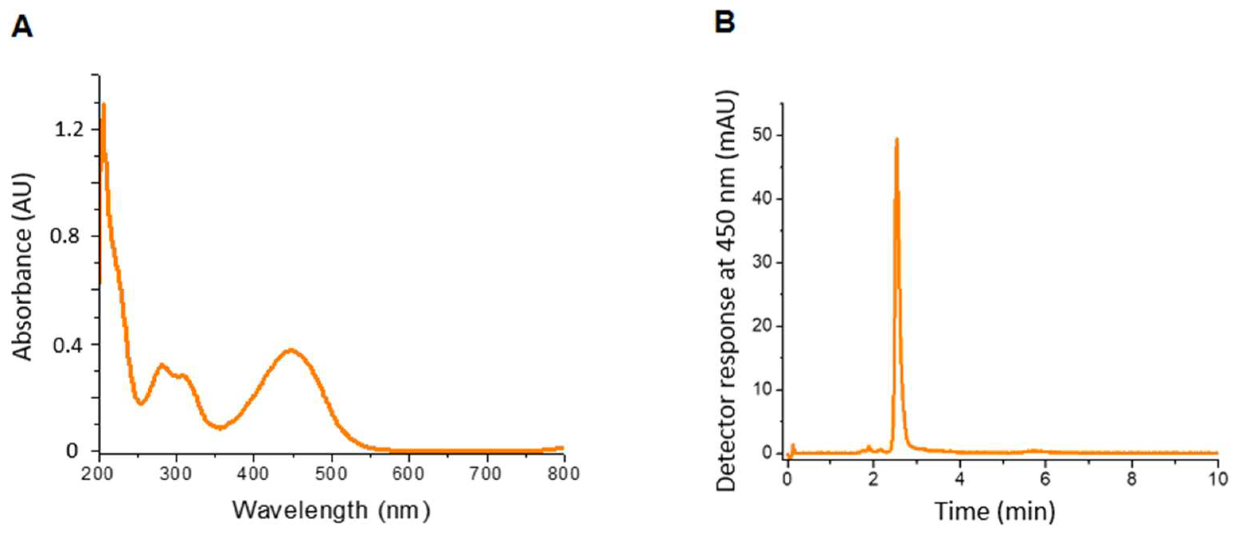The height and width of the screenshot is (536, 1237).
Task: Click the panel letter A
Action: point(22,27)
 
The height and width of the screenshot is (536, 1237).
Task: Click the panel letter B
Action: point(725,22)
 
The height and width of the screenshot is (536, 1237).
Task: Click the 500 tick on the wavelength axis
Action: point(331,473)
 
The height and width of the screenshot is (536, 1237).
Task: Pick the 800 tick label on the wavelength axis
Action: point(563,473)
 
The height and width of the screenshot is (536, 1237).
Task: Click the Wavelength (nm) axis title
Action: point(331,510)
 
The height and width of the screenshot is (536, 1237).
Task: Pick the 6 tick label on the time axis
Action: point(1045,480)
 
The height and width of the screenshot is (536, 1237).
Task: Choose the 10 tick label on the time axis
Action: point(1217,480)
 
